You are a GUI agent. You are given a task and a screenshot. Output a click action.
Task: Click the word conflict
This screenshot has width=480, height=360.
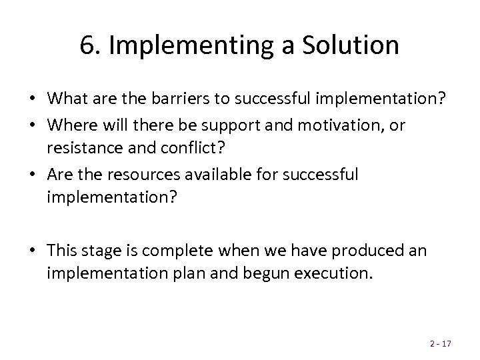[198, 149]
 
